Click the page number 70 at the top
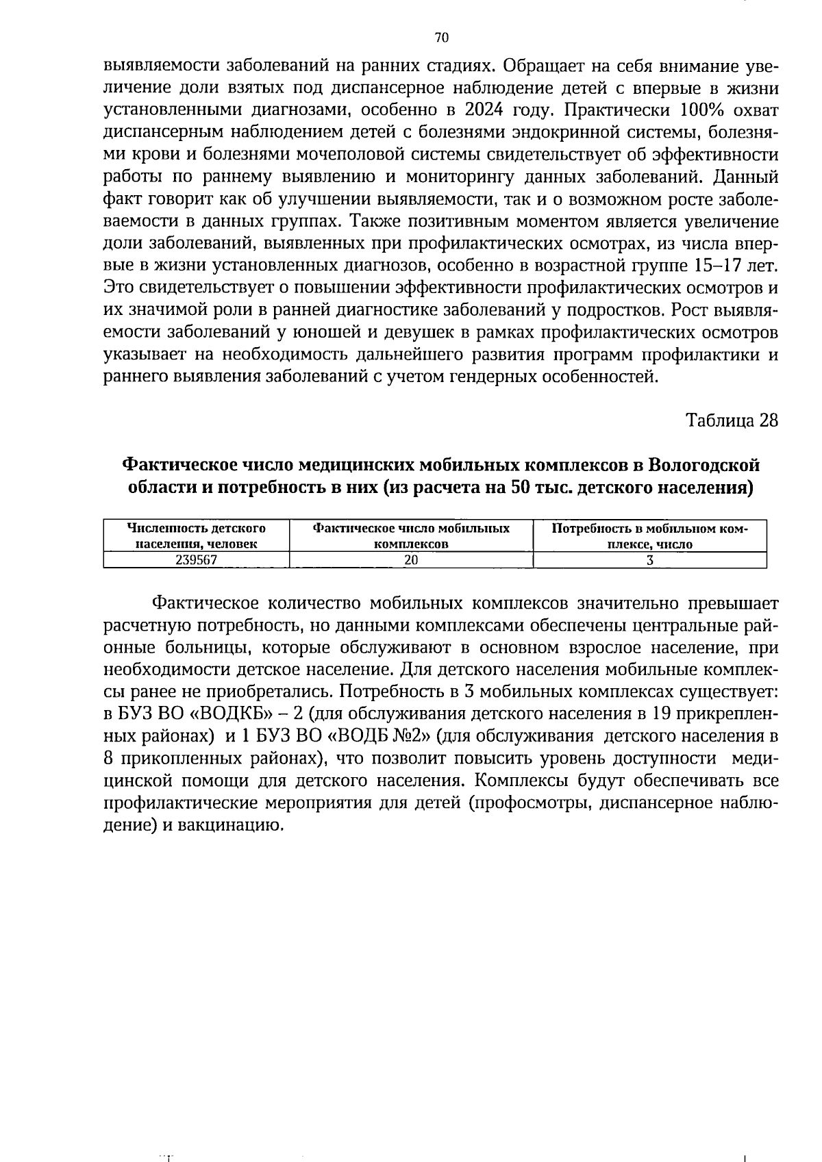pos(441,38)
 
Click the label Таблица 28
pos(732,420)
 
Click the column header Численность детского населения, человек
pos(197,536)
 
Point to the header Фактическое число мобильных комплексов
pos(411,536)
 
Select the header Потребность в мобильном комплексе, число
pos(649,536)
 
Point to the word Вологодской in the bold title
pos(704,466)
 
